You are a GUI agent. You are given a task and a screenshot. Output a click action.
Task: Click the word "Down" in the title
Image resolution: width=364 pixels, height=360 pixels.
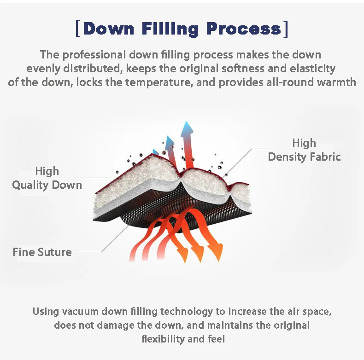coord(109,29)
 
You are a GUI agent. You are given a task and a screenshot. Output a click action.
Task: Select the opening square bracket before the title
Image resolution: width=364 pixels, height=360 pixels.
coord(77,29)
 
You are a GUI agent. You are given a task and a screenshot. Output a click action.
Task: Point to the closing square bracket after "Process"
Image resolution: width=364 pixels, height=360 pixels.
coord(286,29)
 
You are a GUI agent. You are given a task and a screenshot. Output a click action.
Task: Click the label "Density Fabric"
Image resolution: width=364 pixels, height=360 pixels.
coord(304,157)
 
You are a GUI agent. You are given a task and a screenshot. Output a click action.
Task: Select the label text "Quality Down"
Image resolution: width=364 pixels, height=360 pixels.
coord(47,185)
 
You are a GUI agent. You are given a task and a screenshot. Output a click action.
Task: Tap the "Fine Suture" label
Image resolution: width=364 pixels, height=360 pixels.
coord(42,252)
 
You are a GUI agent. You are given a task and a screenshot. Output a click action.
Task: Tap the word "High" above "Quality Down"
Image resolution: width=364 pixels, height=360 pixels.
coord(47,171)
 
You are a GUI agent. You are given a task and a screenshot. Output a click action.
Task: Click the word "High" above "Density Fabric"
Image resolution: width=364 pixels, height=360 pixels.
coord(304,143)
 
